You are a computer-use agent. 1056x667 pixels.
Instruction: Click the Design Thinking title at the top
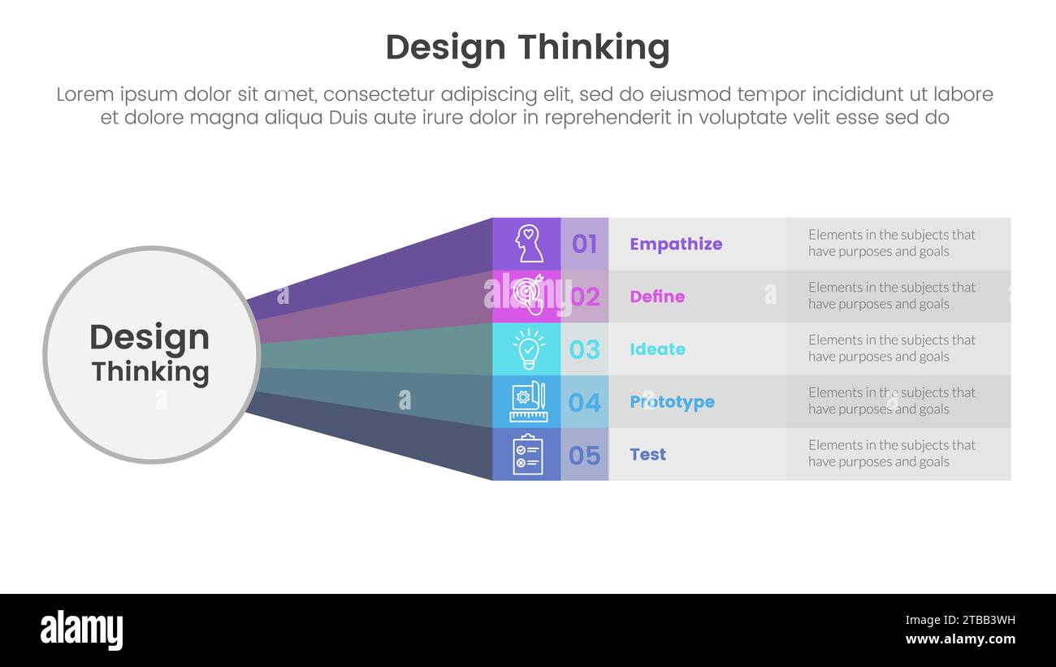click(527, 48)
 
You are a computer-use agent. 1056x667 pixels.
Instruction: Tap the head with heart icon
click(529, 244)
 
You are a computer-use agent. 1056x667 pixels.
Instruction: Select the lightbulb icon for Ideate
click(529, 349)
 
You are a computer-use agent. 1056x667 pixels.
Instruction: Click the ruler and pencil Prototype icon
click(529, 402)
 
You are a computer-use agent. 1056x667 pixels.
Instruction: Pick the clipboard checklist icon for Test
click(527, 454)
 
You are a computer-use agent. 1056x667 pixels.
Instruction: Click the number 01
click(584, 244)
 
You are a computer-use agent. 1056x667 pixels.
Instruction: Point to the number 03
click(584, 349)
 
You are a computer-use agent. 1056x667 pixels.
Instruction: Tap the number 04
click(584, 402)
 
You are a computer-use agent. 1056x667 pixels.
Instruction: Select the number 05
click(584, 455)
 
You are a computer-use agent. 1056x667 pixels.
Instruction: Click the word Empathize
click(675, 244)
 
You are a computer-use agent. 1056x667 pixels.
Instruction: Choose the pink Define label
click(657, 297)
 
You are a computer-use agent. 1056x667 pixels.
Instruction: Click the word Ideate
click(657, 349)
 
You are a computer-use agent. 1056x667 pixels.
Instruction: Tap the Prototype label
click(672, 402)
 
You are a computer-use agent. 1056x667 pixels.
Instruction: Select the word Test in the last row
click(647, 455)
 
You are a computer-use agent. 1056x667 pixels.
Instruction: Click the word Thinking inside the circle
click(150, 372)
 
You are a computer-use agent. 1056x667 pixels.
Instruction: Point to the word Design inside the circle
click(149, 337)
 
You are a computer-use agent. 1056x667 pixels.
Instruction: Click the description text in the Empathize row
click(891, 243)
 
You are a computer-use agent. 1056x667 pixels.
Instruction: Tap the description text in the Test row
click(891, 453)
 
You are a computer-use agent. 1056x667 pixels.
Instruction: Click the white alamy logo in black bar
click(81, 630)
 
